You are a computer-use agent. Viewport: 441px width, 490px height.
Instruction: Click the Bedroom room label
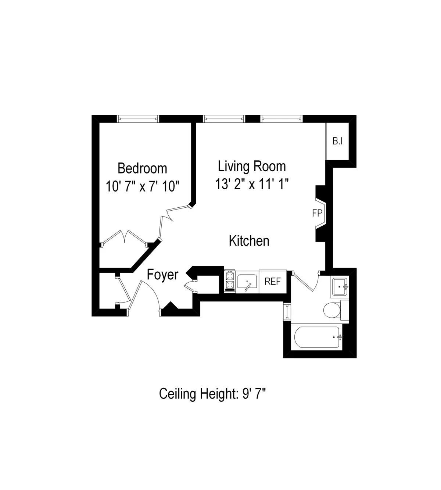[142, 168]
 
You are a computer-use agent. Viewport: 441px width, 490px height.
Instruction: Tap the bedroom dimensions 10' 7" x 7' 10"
[142, 186]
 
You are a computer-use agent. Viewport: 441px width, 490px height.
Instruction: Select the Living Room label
[252, 166]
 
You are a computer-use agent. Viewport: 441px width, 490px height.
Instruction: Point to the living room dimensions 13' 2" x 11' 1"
[252, 183]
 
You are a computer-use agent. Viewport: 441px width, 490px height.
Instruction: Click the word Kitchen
[249, 241]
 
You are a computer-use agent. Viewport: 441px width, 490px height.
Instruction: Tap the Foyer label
[162, 275]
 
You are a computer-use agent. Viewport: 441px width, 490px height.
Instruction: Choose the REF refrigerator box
[273, 282]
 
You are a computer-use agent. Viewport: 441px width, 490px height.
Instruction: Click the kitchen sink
[247, 282]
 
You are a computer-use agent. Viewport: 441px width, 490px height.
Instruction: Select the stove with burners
[230, 281]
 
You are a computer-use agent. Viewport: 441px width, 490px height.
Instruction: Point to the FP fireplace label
[317, 213]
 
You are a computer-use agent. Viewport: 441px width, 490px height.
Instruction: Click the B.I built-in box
[337, 141]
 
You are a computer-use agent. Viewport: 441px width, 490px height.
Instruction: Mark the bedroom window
[138, 118]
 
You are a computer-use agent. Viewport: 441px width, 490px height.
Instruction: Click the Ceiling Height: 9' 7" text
[212, 394]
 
